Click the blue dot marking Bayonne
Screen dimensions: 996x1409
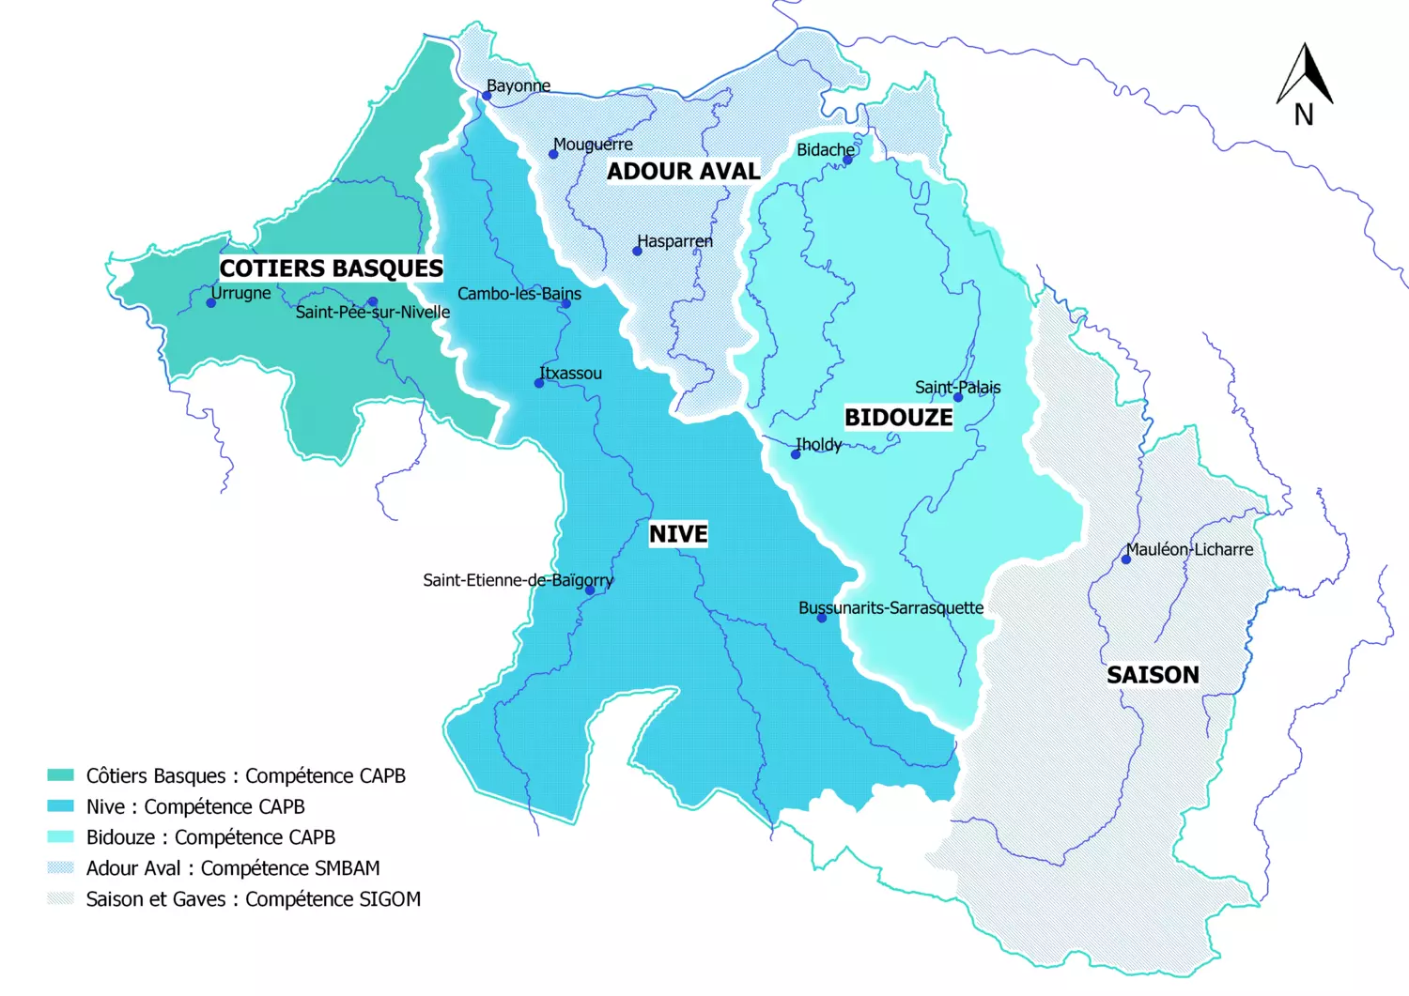point(487,96)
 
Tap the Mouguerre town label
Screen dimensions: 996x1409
point(593,145)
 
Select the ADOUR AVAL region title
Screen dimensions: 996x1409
point(683,172)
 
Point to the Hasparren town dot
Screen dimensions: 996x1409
point(637,251)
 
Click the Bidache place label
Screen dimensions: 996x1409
point(826,150)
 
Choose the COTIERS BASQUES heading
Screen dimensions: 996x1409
point(331,268)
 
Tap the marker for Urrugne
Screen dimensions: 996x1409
point(211,302)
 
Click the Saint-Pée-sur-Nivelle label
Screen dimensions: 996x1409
point(373,313)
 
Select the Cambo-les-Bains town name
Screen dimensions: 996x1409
point(519,294)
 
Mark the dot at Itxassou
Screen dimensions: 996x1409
point(539,383)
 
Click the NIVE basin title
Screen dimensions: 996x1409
point(678,534)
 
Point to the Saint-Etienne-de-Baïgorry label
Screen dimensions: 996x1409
point(518,580)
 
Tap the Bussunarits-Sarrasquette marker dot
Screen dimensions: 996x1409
point(822,618)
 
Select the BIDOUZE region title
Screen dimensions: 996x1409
point(898,418)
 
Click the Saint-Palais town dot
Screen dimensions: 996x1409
point(958,398)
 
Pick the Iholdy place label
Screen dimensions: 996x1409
point(818,444)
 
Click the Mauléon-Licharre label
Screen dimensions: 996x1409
point(1189,550)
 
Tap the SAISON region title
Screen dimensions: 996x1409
point(1153,675)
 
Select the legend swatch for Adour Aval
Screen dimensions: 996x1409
point(60,868)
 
